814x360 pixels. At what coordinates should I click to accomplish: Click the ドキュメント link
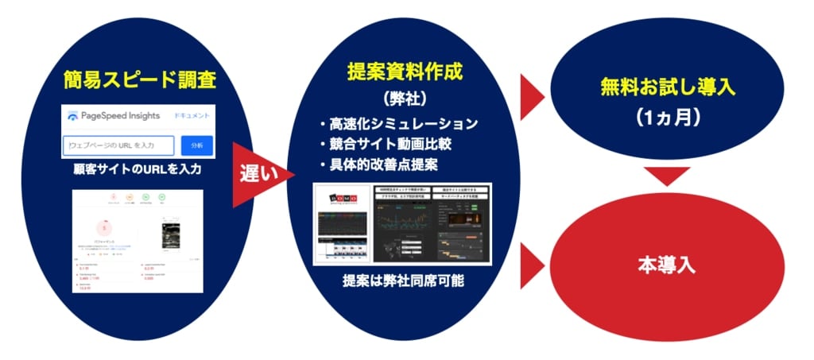coord(191,116)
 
